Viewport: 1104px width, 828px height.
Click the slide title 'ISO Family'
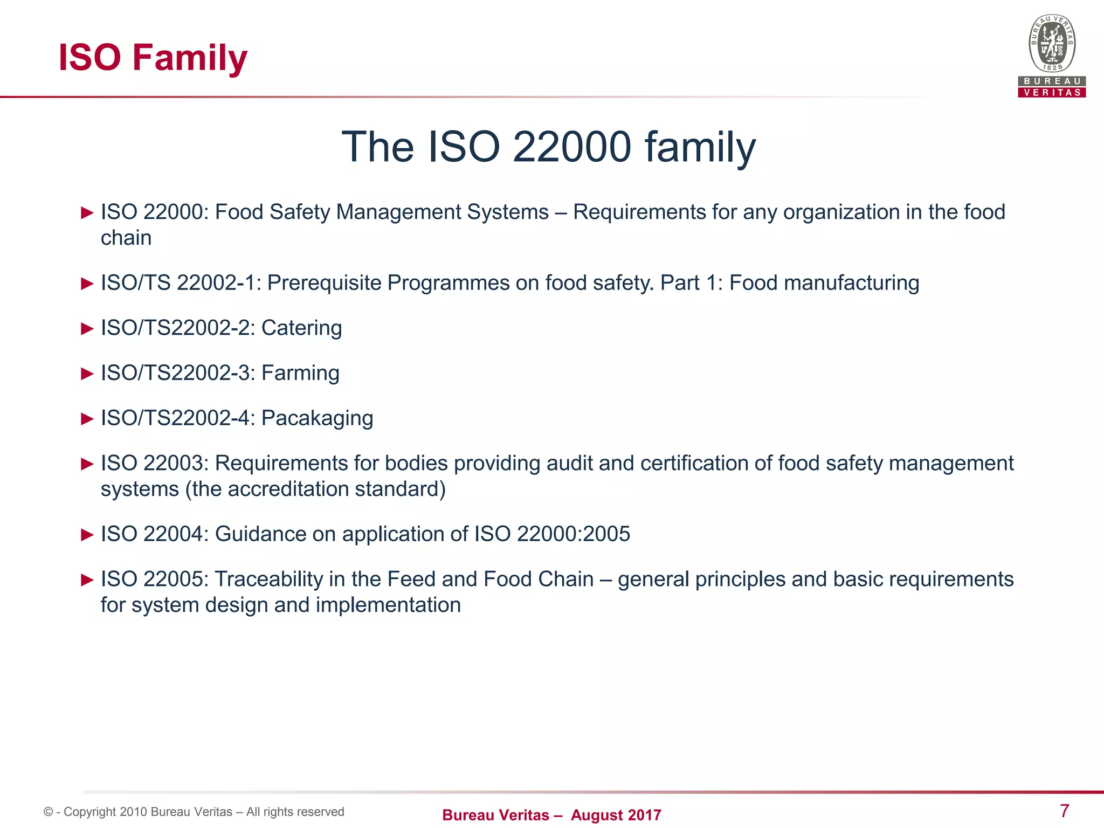coord(153,58)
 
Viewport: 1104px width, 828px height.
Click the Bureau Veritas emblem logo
coord(1052,44)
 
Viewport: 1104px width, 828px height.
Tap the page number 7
coord(1064,810)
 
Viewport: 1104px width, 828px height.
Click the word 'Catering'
coord(301,328)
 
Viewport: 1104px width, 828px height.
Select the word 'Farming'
coord(300,374)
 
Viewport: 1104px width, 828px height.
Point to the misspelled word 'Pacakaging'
coord(317,419)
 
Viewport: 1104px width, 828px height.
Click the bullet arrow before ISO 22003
coord(87,464)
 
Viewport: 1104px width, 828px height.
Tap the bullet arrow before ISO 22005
coord(87,580)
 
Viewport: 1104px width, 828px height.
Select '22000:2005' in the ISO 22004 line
coord(573,534)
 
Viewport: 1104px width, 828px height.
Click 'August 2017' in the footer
coord(616,815)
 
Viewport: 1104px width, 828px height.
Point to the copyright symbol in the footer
coord(49,812)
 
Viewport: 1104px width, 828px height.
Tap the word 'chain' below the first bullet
coord(126,238)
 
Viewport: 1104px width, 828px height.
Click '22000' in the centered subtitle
coord(571,147)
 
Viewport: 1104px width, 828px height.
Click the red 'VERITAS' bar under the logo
coord(1052,93)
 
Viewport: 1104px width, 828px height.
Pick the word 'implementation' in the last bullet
coord(388,605)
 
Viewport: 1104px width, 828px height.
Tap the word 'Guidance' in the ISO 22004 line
coord(260,534)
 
